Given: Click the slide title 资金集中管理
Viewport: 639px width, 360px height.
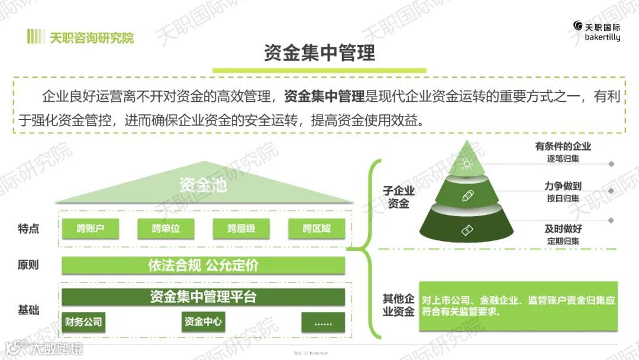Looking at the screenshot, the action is coord(319,53).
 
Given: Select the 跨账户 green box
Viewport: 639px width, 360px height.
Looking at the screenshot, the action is coord(90,228).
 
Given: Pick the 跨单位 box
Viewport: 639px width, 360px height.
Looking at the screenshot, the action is coord(166,228).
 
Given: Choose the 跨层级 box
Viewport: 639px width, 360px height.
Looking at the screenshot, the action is coord(241,228).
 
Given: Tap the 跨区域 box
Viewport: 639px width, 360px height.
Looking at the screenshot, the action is coord(317,228).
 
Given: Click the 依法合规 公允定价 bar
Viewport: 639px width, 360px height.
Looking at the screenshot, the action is coord(203,265).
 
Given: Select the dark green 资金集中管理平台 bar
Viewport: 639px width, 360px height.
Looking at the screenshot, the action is coord(203,297).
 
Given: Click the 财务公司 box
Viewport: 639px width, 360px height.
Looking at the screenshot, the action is coord(83,322).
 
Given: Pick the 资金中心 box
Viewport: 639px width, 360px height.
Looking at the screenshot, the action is coord(203,322).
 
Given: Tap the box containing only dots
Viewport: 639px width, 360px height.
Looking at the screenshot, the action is coord(323,322).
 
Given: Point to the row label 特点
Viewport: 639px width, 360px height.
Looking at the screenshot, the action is coord(28,229).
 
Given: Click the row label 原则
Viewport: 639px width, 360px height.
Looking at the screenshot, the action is coord(28,265).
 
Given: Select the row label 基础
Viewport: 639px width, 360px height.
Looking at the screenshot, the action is coord(28,309).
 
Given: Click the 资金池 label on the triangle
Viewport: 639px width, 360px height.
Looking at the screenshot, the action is coord(203,185).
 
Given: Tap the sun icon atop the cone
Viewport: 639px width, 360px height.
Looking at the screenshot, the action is coord(467,164).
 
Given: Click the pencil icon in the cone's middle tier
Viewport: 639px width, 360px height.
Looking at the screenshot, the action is coord(467,195).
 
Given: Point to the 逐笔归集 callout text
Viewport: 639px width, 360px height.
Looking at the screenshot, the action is coord(563,159).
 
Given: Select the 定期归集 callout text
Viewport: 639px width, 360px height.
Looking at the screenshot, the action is coord(563,241).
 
